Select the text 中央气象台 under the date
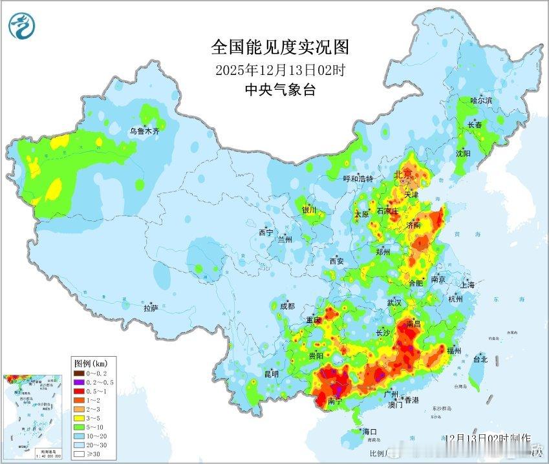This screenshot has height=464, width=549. pos(280,90)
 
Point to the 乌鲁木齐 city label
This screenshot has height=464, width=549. pos(144,131)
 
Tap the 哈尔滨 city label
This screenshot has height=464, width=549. pos(481,101)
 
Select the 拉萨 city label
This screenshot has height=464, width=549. pos(151,308)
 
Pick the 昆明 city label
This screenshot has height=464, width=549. pos(272,374)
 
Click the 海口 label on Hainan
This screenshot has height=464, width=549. pos(369,431)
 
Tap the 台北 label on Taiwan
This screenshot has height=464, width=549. pos(480,359)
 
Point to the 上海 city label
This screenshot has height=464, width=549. pos(467,284)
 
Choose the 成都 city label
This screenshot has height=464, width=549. pos(286,306)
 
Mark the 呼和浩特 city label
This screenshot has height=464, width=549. pos(358,178)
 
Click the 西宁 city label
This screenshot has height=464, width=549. pos(266,232)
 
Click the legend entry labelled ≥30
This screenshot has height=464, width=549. pos(87,454)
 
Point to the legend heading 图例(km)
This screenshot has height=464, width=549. pos(91,363)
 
